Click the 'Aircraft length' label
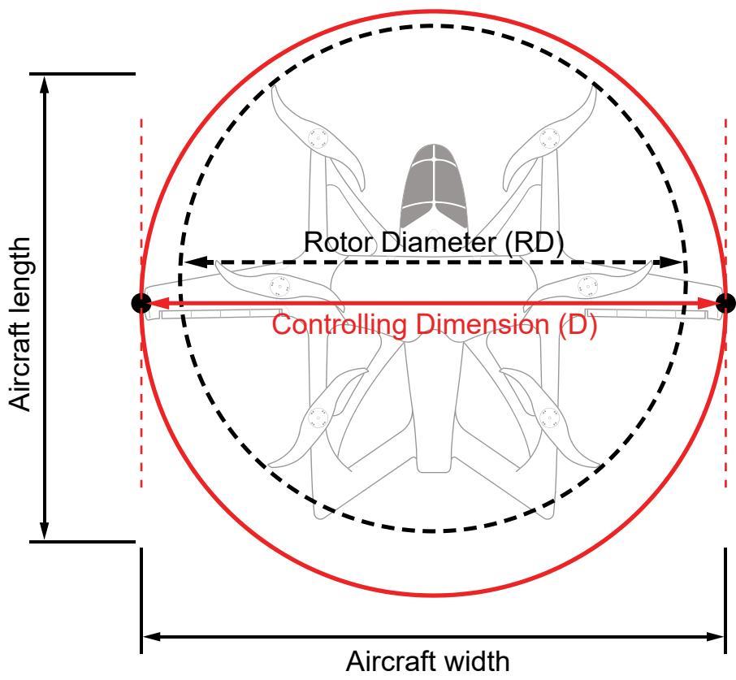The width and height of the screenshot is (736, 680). [x=19, y=324]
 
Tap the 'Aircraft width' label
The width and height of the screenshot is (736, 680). [x=427, y=661]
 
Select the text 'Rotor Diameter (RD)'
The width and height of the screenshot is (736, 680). [x=434, y=242]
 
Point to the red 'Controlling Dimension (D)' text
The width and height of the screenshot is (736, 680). [x=434, y=325]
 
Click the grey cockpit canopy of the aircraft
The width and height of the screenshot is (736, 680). [x=434, y=188]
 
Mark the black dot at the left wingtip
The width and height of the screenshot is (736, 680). [x=141, y=303]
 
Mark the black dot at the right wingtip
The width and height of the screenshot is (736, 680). [x=726, y=303]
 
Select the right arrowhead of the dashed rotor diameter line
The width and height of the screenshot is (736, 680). [x=671, y=262]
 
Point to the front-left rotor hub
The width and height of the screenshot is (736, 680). [x=318, y=138]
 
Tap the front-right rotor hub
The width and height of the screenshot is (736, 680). [x=549, y=138]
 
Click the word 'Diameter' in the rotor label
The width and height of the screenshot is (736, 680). [x=439, y=242]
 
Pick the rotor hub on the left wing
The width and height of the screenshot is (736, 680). [x=279, y=286]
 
